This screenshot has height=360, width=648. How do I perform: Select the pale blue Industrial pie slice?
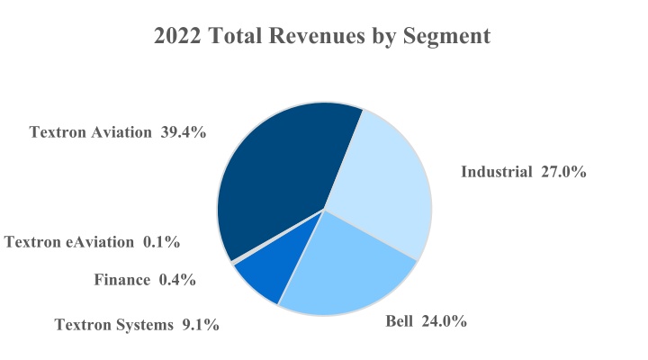pyautogui.click(x=382, y=189)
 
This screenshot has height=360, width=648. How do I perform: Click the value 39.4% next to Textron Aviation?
pyautogui.click(x=184, y=132)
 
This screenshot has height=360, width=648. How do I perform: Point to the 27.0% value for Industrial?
pyautogui.click(x=563, y=172)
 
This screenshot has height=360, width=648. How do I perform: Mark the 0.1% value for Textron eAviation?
pyautogui.click(x=161, y=241)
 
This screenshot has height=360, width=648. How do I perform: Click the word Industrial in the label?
pyautogui.click(x=497, y=172)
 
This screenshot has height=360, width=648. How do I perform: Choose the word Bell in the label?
pyautogui.click(x=401, y=321)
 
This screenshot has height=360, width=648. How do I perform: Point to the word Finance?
pyautogui.click(x=122, y=280)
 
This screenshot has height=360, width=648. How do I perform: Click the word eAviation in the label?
pyautogui.click(x=102, y=241)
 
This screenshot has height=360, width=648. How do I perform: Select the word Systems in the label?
pyautogui.click(x=142, y=325)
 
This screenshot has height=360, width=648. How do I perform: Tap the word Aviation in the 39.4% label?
pyautogui.click(x=121, y=132)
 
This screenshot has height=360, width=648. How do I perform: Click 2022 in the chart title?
pyautogui.click(x=177, y=36)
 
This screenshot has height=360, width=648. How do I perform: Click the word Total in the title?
pyautogui.click(x=236, y=36)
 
